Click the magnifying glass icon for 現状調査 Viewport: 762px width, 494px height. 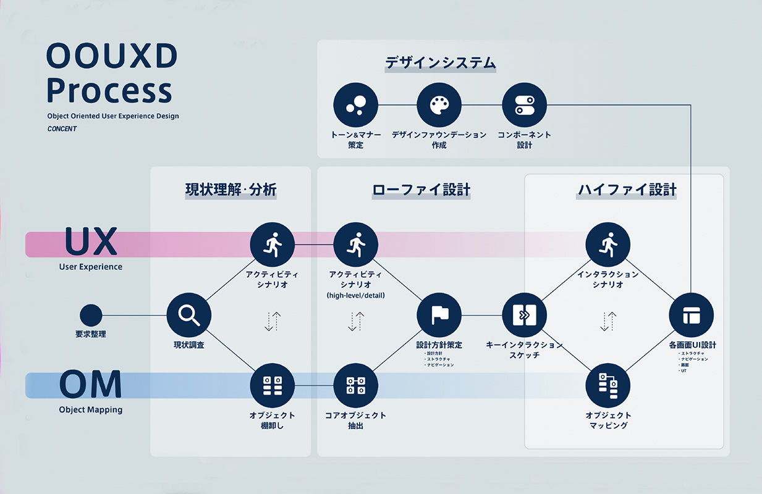click(189, 315)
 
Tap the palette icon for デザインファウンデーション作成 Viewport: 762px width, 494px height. click(439, 105)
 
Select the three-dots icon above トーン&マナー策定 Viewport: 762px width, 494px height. click(355, 105)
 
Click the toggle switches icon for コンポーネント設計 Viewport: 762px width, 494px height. click(524, 105)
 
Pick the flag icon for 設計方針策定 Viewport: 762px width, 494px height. click(439, 315)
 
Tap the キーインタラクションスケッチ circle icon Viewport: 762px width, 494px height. click(524, 315)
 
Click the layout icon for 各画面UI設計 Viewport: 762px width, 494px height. click(691, 315)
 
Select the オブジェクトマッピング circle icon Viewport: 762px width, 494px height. click(608, 385)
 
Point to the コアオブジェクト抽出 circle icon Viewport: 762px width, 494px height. click(355, 385)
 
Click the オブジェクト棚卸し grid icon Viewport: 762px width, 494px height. click(272, 385)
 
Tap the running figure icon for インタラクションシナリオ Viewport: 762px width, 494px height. click(608, 245)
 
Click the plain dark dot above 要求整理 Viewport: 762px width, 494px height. click(91, 315)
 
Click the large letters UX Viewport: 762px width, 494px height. click(91, 242)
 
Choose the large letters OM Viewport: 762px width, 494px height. click(91, 384)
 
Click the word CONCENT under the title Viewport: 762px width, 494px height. click(62, 129)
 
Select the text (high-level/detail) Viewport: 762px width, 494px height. click(355, 295)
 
